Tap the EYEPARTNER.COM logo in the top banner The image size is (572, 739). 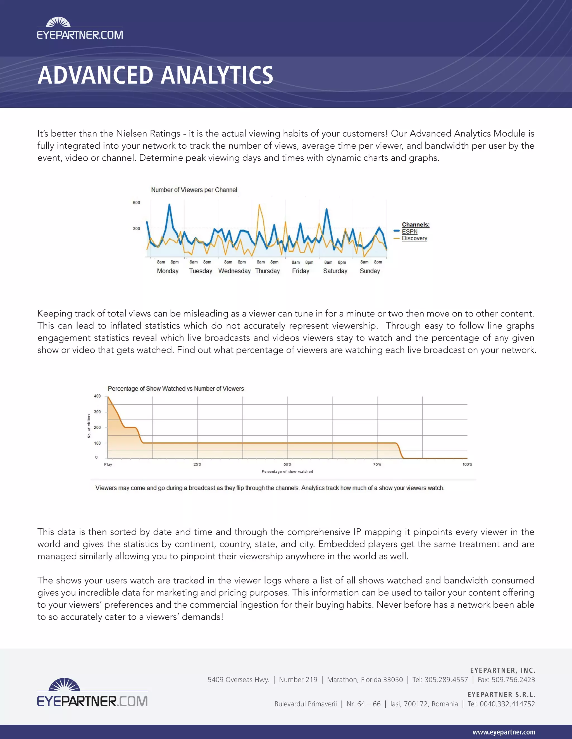(x=80, y=30)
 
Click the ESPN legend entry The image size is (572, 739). (x=409, y=231)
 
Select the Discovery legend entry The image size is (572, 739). (x=414, y=238)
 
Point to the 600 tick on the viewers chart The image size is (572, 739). (x=136, y=203)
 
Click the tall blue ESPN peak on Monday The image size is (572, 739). (x=170, y=205)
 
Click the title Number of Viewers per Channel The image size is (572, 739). (x=194, y=190)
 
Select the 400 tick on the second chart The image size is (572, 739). (x=97, y=396)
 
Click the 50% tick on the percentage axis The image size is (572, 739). (x=287, y=465)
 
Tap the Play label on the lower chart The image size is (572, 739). (x=108, y=465)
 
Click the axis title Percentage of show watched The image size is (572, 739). (x=287, y=472)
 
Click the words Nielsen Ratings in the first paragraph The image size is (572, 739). (x=148, y=134)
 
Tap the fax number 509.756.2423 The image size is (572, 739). (x=513, y=680)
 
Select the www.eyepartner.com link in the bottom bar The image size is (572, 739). (x=504, y=732)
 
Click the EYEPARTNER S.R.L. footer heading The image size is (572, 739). (x=501, y=695)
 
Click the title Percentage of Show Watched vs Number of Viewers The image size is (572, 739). (x=175, y=389)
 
